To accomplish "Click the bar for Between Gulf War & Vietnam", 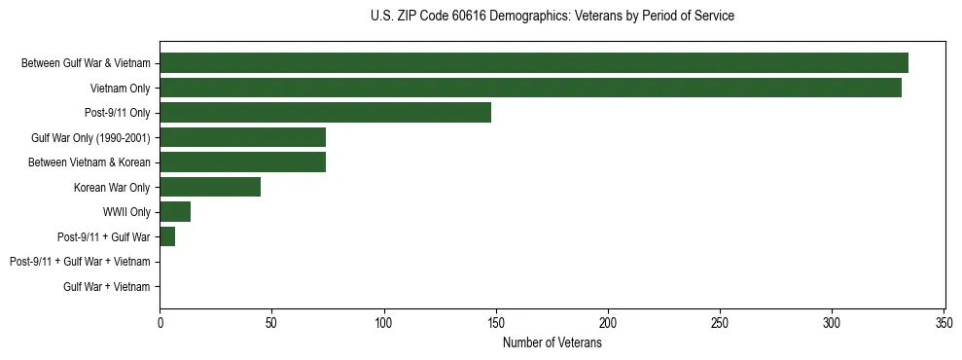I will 534,63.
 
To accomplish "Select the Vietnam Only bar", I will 531,88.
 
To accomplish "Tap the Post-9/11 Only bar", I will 325,113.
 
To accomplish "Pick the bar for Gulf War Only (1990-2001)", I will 242,137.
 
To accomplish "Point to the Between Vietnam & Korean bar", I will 242,162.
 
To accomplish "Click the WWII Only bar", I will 175,212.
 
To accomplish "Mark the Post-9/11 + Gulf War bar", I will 167,236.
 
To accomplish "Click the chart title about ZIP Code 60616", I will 552,17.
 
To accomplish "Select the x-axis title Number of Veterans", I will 552,342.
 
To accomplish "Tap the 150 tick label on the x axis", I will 496,322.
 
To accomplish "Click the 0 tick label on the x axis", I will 160,322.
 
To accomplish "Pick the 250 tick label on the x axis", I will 720,322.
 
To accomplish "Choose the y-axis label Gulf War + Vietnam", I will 107,286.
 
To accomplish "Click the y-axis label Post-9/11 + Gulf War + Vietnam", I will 80,262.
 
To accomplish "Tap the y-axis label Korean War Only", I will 112,187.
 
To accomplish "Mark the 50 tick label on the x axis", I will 272,322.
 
